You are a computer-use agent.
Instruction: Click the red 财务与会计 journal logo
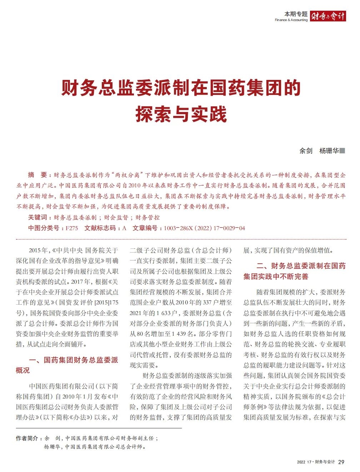328,16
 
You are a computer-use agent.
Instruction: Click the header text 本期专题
296,14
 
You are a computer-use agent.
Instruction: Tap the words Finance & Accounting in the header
291,20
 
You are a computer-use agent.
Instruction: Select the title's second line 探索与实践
181,114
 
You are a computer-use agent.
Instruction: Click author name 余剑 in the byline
306,151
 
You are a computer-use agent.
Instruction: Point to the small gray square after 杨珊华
342,151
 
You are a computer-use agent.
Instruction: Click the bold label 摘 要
37,175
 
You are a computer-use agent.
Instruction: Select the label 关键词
37,217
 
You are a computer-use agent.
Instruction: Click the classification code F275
71,228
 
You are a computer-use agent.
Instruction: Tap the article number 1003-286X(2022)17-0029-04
205,228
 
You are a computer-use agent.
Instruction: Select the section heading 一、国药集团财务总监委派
74,360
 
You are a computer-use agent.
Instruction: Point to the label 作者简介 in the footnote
27,438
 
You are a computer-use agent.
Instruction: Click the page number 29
341,462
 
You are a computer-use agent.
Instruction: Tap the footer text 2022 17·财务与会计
316,462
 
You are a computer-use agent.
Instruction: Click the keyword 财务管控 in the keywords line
147,217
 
